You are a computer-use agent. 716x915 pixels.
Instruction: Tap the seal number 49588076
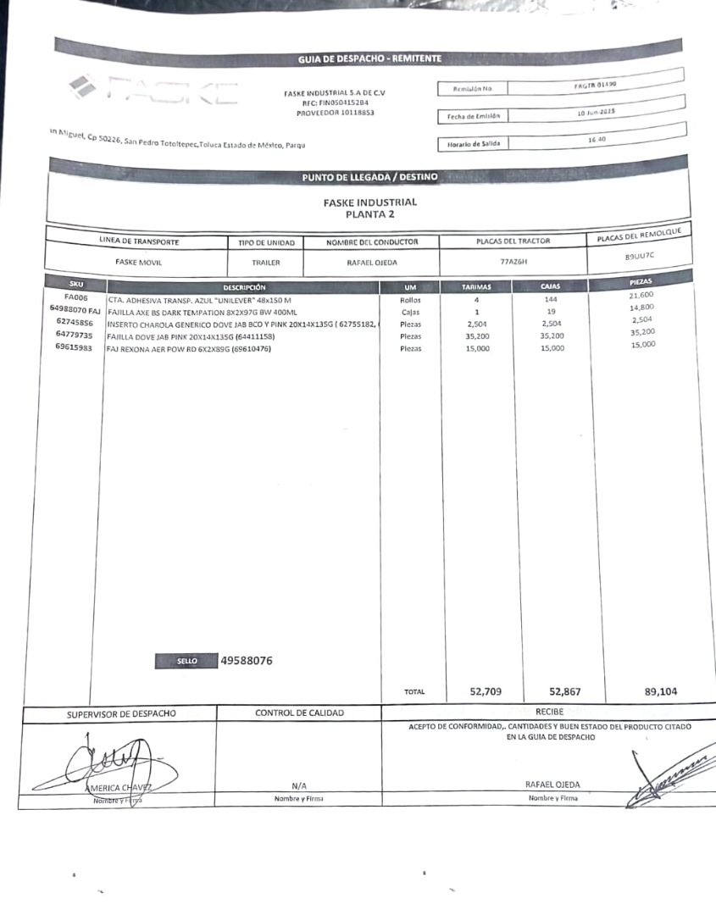pos(246,661)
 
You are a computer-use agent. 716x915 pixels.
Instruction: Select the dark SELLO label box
pos(186,662)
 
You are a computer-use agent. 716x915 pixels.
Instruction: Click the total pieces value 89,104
pos(661,691)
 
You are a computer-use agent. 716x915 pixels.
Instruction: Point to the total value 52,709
pos(486,691)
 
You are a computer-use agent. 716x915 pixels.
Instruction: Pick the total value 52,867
pos(565,691)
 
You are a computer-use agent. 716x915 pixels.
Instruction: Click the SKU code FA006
pos(75,298)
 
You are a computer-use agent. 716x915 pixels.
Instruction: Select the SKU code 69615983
pos(75,347)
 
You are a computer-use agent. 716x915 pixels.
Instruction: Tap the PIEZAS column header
pos(641,280)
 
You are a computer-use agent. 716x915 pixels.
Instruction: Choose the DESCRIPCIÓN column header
pos(244,288)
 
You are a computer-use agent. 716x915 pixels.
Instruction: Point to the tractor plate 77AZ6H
pos(513,262)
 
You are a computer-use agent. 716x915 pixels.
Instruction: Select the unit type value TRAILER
pos(265,263)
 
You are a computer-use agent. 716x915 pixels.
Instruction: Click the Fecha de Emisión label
pos(469,116)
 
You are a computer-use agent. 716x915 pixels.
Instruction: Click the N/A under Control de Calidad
pos(298,785)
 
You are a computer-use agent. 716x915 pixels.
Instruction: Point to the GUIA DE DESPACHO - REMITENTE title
pos(369,58)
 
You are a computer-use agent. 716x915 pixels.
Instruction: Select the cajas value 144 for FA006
pos(551,300)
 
